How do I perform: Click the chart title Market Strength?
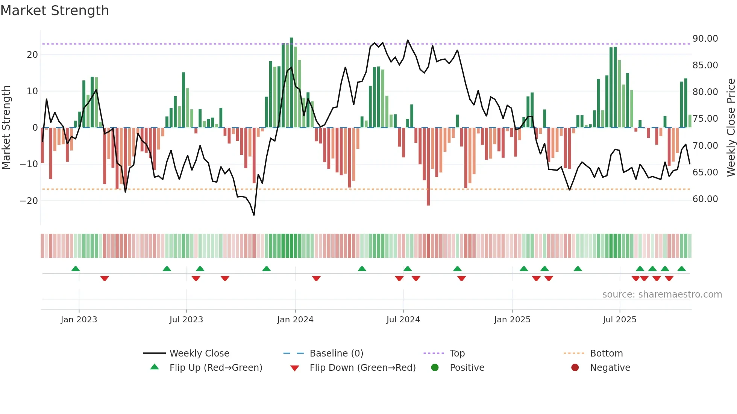55,11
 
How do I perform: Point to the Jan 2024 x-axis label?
295,319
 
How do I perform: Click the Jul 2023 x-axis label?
186,319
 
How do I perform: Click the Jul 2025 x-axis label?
619,319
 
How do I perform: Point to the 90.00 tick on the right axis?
705,38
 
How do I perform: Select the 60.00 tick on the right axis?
705,199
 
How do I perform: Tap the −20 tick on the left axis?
29,201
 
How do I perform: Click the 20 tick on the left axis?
32,54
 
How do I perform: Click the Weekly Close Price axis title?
731,127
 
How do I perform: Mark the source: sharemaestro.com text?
662,294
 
